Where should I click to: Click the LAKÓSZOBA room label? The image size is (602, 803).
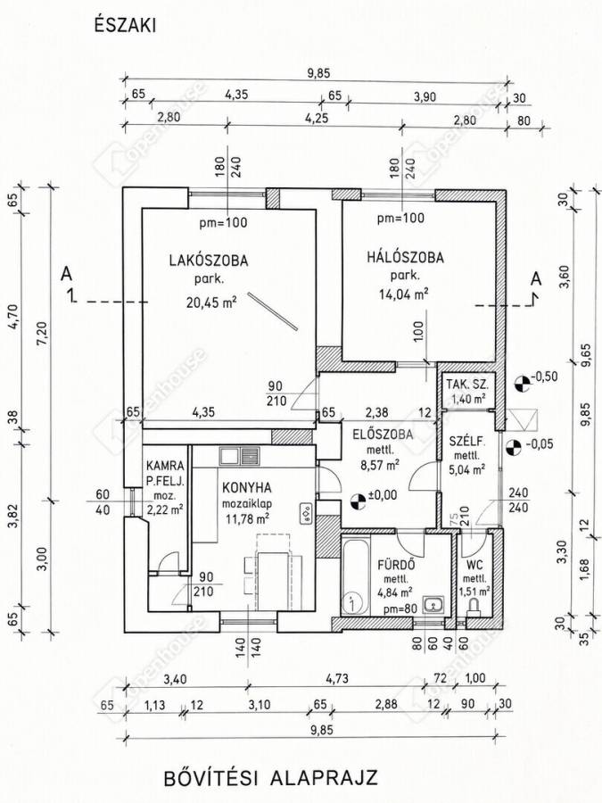(x=209, y=261)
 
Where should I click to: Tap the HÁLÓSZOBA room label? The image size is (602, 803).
(x=405, y=257)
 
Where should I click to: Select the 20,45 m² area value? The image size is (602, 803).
(x=210, y=302)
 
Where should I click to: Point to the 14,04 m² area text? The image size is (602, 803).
(x=403, y=294)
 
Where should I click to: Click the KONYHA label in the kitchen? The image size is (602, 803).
(x=247, y=487)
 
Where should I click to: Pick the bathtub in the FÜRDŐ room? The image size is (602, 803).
(x=356, y=575)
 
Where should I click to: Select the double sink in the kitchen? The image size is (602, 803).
(x=240, y=455)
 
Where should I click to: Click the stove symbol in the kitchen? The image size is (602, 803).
(x=306, y=513)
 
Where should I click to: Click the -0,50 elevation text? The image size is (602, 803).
(x=544, y=377)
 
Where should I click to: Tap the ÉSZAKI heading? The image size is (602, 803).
(x=125, y=26)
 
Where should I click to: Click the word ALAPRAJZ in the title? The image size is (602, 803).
(x=324, y=777)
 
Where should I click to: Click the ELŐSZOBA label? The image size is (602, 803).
(x=383, y=435)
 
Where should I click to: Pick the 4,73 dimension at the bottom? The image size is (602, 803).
(x=337, y=679)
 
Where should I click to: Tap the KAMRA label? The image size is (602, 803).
(x=165, y=466)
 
